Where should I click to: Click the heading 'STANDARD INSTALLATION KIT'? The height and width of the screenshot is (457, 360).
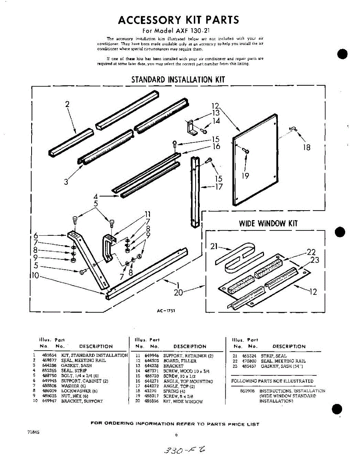(178, 80)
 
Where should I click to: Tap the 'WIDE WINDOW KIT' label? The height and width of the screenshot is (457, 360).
(268, 223)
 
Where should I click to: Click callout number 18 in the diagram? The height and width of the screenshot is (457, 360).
(306, 147)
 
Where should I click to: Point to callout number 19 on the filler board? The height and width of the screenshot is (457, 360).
(245, 176)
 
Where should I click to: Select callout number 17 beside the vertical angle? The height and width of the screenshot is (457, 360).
(219, 187)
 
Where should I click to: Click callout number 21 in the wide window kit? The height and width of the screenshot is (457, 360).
(214, 246)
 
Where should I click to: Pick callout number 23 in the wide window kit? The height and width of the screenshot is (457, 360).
(314, 260)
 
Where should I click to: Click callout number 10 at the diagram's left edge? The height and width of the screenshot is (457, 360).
(35, 275)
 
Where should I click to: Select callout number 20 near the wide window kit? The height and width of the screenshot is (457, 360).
(178, 292)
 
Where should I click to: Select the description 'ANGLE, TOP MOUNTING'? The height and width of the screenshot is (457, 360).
(188, 381)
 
